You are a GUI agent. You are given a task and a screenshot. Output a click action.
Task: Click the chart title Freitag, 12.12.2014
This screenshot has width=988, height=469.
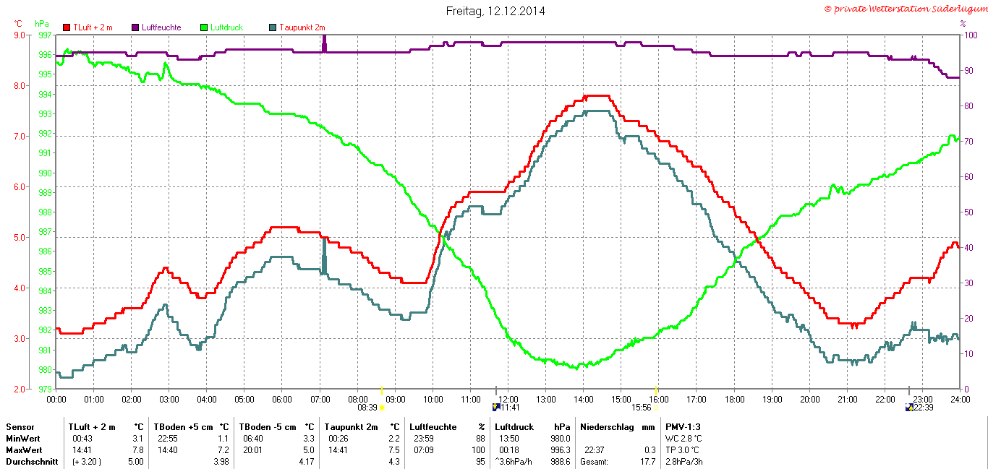coord(495,11)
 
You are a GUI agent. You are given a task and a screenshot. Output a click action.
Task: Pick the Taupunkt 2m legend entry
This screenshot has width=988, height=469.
coord(296,27)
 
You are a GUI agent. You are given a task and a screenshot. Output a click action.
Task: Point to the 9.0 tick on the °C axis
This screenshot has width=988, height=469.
coord(19,35)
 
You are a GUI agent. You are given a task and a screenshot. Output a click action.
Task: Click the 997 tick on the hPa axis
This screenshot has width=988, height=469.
coord(43,35)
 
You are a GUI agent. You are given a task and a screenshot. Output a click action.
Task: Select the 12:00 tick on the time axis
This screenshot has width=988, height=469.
coord(508,399)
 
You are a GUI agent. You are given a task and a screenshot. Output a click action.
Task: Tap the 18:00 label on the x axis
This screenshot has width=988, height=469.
coord(735,399)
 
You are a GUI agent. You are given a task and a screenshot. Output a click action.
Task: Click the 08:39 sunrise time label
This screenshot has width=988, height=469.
coord(367,408)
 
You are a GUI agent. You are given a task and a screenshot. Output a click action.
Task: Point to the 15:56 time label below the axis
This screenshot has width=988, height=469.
coord(641,408)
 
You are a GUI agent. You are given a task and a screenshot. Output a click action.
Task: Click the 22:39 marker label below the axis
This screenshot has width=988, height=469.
coord(923,408)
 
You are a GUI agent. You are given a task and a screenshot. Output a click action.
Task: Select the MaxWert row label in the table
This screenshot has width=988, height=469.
coord(23,450)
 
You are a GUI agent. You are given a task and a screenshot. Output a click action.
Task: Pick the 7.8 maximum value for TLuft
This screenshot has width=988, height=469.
coord(138,450)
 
